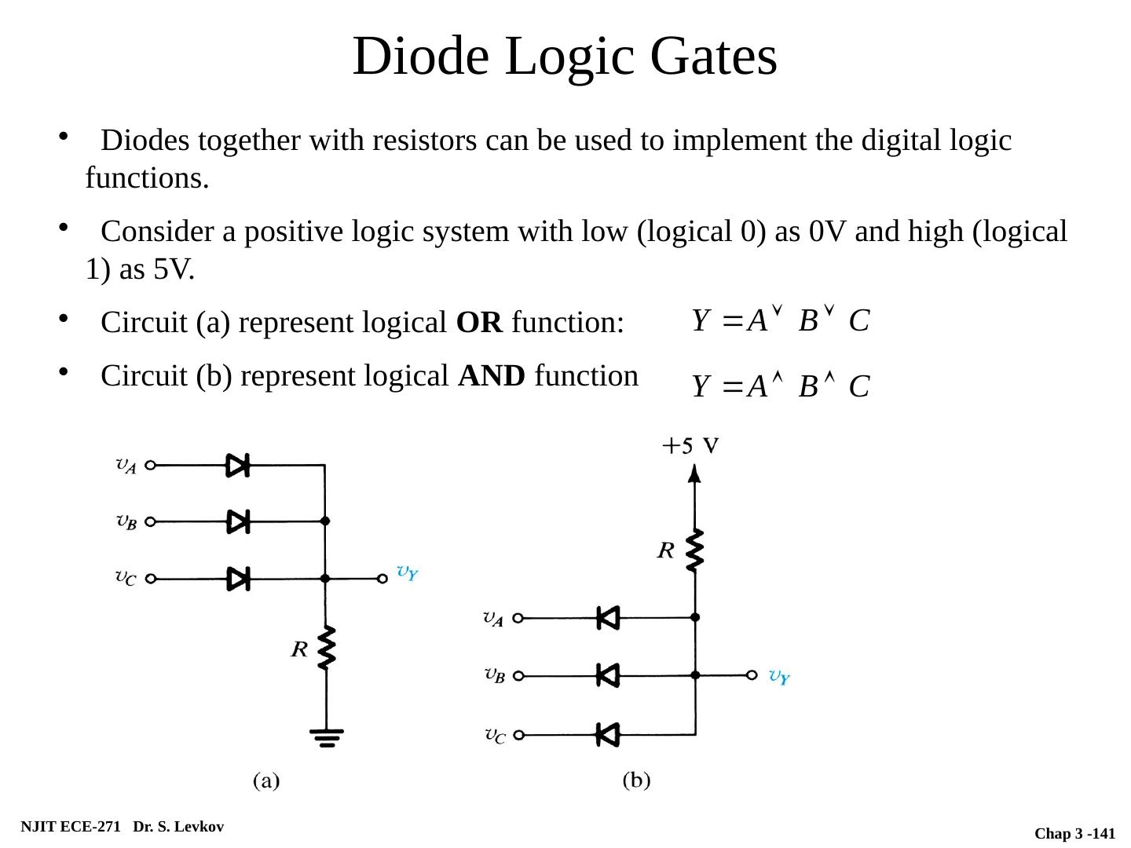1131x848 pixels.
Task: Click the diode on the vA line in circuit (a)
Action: pyautogui.click(x=238, y=465)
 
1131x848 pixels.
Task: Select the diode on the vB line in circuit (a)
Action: pyautogui.click(x=238, y=521)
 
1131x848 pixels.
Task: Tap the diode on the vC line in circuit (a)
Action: pyautogui.click(x=238, y=579)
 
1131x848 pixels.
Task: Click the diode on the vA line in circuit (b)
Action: pyautogui.click(x=607, y=618)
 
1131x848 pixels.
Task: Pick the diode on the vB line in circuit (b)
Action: pyautogui.click(x=607, y=674)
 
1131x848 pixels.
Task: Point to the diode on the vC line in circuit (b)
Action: pyautogui.click(x=607, y=735)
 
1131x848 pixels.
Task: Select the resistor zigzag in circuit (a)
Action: pyautogui.click(x=326, y=647)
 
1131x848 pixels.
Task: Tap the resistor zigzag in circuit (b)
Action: pyautogui.click(x=694, y=550)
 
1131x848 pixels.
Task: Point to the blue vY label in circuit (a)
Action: pyautogui.click(x=407, y=572)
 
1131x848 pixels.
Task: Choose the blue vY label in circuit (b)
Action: pyautogui.click(x=779, y=677)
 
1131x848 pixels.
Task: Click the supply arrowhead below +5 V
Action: pyautogui.click(x=694, y=473)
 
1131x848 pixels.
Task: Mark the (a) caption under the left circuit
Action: pyautogui.click(x=265, y=780)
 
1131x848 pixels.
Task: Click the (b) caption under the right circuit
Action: pyautogui.click(x=637, y=780)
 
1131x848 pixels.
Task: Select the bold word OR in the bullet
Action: pyautogui.click(x=479, y=323)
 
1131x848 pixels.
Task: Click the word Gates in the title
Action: pyautogui.click(x=713, y=57)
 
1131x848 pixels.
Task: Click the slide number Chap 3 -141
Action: pyautogui.click(x=1074, y=834)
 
